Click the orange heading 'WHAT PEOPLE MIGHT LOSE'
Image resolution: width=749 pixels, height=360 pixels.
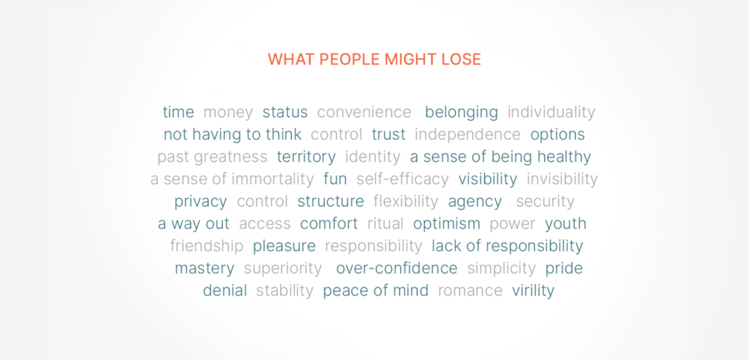pos(374,59)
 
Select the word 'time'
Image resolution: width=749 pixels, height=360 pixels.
pos(178,113)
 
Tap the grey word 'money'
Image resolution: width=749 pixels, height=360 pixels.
pos(228,113)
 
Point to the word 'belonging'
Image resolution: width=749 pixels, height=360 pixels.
pos(462,113)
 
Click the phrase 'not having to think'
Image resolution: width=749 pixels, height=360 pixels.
pos(233,135)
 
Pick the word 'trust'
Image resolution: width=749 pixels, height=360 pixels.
pos(389,135)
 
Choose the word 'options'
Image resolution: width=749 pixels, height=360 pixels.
pos(557,135)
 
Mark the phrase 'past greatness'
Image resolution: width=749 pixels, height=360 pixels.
pos(212,157)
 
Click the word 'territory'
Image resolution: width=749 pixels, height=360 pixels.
pos(306,157)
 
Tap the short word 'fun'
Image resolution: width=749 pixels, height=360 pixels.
pos(335,179)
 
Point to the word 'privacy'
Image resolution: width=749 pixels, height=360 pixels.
pos(200,202)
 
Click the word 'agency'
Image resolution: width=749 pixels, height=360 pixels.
pos(475,202)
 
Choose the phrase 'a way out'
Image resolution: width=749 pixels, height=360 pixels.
pos(193,224)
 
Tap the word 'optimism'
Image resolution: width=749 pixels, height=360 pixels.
pos(447,224)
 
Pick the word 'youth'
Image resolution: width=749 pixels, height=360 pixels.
pos(565,224)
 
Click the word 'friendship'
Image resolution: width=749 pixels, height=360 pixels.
pos(207,246)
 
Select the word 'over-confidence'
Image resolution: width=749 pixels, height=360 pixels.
pos(397,269)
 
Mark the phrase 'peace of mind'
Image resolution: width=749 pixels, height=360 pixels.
pos(375,290)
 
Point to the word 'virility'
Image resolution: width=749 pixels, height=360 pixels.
pos(533,290)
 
